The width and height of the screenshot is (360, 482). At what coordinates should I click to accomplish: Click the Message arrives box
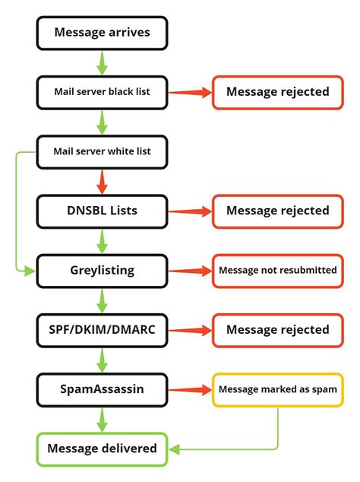(102, 33)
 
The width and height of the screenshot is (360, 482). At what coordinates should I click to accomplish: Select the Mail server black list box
(102, 92)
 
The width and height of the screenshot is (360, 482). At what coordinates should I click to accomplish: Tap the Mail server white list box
(102, 151)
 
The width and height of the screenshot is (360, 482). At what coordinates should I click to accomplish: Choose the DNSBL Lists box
(102, 210)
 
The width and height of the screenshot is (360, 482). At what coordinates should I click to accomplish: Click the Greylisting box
(102, 270)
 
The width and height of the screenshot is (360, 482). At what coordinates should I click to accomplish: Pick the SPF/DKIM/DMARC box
(102, 329)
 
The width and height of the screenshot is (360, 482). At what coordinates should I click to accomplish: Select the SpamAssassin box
(102, 389)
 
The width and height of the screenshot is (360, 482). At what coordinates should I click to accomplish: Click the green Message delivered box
(102, 449)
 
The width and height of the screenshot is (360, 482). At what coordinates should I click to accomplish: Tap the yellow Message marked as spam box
(277, 389)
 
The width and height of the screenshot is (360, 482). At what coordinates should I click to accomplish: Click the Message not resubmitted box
(277, 270)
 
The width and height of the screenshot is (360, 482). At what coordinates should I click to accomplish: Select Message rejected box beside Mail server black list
(277, 92)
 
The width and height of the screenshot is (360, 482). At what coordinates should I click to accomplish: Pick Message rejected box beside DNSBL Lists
(277, 210)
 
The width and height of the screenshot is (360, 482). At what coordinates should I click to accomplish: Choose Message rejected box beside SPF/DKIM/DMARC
(277, 329)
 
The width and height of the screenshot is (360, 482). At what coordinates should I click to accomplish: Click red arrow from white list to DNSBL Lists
(102, 181)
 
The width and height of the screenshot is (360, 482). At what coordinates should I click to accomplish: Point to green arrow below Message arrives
(102, 62)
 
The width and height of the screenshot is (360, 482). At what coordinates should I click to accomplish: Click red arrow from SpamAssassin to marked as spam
(189, 389)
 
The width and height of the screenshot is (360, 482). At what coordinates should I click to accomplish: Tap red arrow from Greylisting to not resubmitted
(189, 270)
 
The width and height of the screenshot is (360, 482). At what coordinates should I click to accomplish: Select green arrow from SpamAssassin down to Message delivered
(102, 419)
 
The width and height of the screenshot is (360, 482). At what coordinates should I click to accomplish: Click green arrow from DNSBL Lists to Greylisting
(102, 240)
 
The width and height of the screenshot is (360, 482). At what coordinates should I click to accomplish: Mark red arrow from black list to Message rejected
(189, 92)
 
